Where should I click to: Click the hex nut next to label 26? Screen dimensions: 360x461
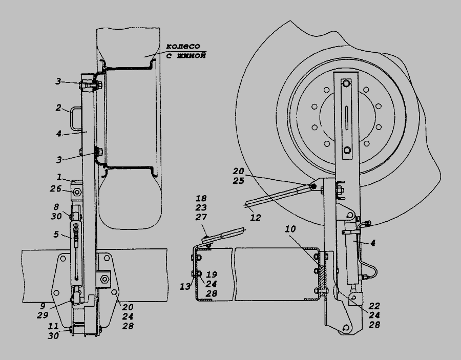pyautogui.click(x=77, y=193)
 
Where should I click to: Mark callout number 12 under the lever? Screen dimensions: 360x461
pyautogui.click(x=256, y=218)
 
